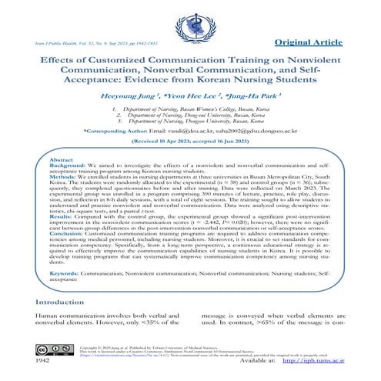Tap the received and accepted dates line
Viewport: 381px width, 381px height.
point(190,142)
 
